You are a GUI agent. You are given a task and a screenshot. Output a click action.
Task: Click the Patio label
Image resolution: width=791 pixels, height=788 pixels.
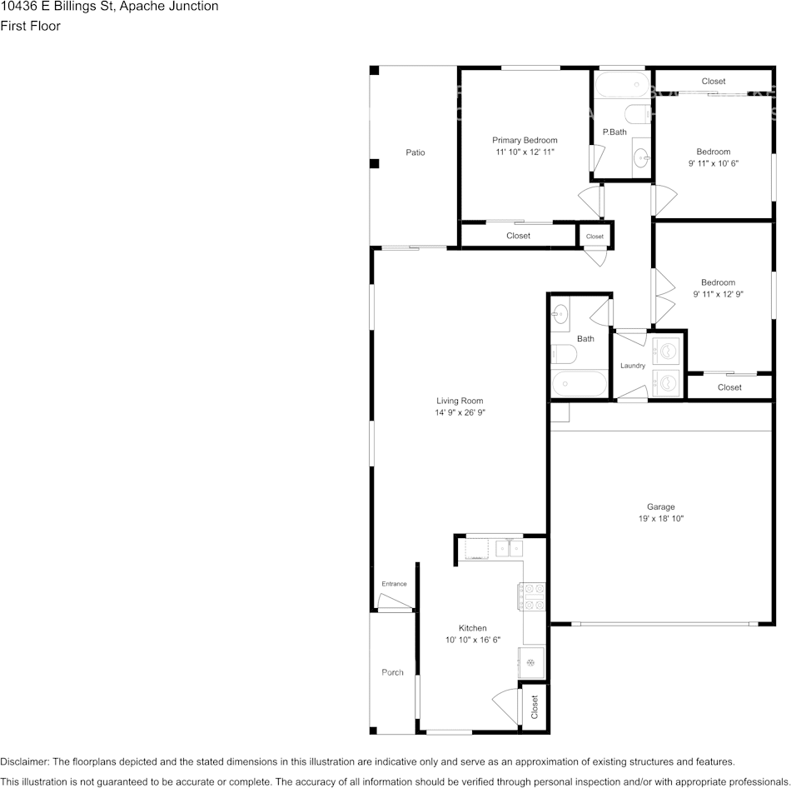415,152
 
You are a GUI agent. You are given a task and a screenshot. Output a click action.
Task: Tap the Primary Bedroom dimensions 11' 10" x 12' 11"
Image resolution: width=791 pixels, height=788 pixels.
525,152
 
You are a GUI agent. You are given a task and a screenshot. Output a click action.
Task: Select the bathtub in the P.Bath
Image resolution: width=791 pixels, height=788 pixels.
622,84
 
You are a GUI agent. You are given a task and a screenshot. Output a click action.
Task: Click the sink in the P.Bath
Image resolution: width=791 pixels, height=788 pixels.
642,158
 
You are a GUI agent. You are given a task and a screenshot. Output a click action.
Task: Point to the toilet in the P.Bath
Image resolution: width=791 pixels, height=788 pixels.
638,114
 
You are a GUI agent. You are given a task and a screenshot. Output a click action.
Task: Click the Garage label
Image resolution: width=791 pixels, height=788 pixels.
661,506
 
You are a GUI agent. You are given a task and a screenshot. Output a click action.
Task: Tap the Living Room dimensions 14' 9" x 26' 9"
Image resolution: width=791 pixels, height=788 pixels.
460,412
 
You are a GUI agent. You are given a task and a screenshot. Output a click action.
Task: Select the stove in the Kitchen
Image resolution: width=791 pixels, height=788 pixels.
531,596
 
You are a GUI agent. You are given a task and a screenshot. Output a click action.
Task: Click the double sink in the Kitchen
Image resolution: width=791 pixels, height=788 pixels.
509,548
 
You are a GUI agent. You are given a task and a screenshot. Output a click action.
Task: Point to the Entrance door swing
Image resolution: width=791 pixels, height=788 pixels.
395,601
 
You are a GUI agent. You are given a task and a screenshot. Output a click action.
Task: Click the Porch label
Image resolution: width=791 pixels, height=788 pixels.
392,672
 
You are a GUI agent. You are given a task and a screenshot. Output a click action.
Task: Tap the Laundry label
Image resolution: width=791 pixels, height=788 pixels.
633,366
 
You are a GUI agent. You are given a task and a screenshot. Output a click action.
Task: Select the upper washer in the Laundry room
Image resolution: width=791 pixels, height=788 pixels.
666,351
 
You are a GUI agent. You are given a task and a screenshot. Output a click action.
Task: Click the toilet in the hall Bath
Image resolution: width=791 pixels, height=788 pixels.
564,354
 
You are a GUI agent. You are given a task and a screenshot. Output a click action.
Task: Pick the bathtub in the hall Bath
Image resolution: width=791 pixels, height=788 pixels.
580,384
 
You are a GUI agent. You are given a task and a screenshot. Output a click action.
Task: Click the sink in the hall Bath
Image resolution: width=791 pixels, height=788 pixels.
560,315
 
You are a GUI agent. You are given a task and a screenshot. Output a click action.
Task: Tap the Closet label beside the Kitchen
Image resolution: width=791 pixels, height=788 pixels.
535,706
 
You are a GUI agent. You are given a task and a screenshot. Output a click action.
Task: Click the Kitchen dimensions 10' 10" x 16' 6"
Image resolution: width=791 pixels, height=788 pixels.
473,640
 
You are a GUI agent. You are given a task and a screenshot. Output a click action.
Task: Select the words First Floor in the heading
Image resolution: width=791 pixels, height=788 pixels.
30,26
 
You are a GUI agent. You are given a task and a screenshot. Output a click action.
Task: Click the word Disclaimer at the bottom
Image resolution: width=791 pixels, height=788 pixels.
24,761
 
